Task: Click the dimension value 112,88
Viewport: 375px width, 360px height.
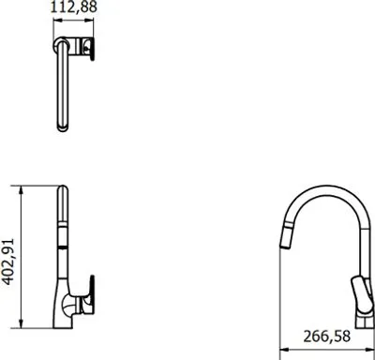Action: pos(74,7)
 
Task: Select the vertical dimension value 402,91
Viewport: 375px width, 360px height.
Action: pos(8,262)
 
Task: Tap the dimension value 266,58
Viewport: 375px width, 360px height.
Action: pos(327,337)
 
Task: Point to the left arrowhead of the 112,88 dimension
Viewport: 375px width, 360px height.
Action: pos(56,20)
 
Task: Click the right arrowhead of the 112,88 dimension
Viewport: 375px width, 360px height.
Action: pos(91,20)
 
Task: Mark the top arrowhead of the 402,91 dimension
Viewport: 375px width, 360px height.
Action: pos(21,189)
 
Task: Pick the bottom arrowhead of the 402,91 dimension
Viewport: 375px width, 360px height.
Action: pos(21,324)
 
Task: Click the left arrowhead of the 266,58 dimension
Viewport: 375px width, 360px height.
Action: pos(283,350)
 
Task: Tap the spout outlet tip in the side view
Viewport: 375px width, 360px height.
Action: pos(284,247)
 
